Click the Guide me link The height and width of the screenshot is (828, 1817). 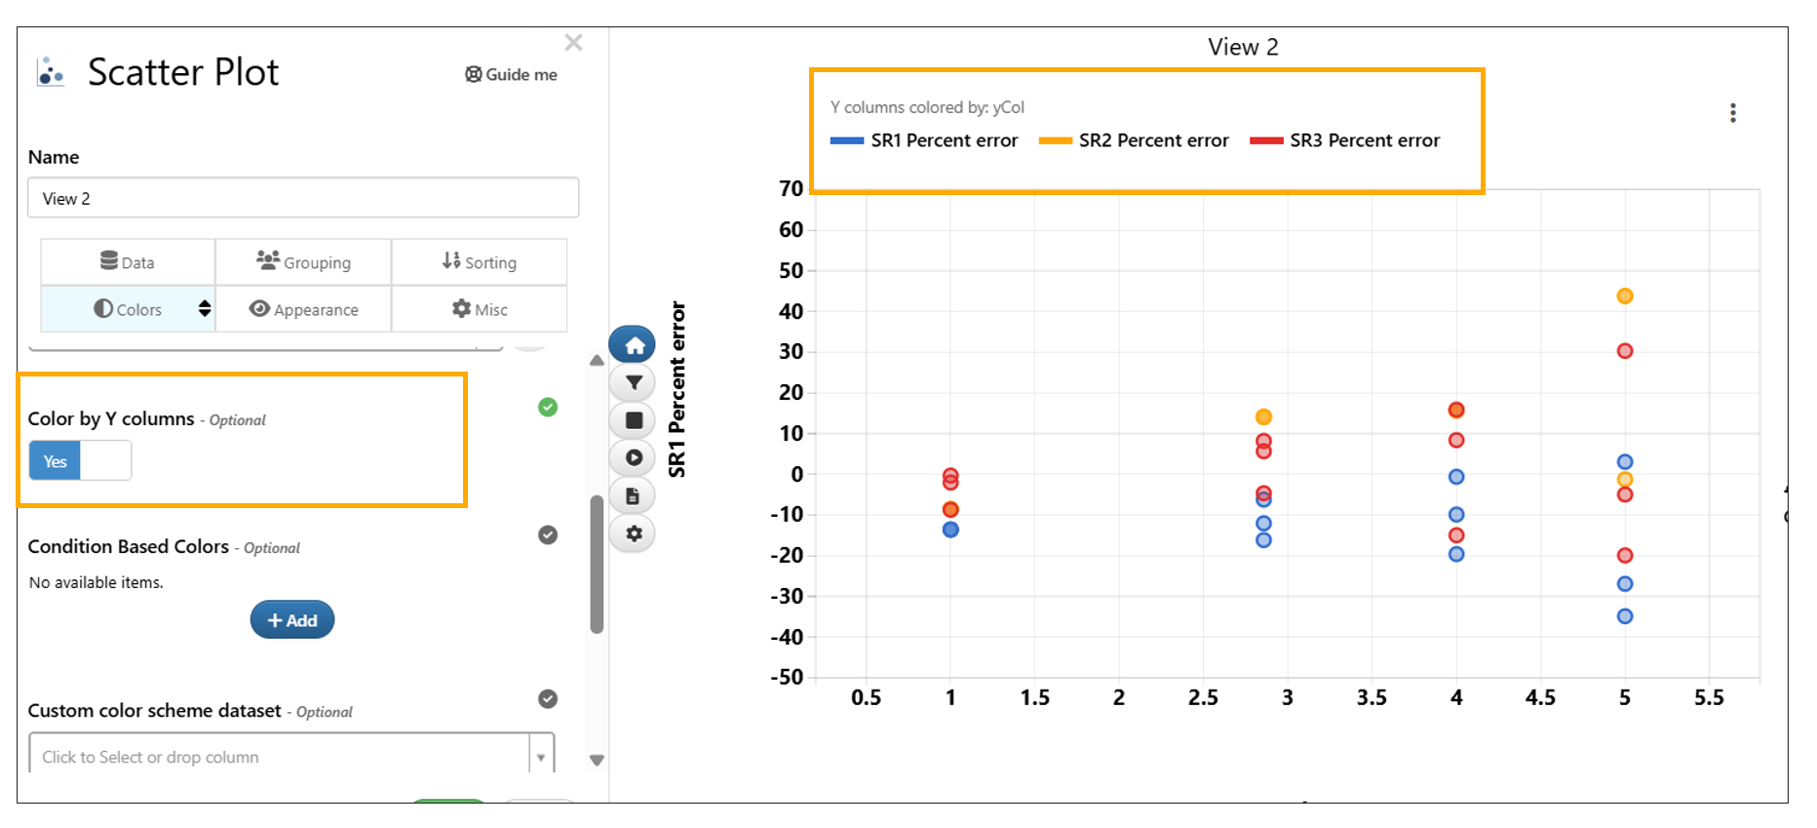[x=511, y=74]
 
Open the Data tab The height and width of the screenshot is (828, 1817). [x=128, y=262]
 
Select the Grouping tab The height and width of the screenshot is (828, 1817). [x=303, y=262]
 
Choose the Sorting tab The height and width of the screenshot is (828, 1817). [x=479, y=262]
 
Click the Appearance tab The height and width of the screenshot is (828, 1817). [x=303, y=309]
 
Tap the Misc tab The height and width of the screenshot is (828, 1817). [x=479, y=309]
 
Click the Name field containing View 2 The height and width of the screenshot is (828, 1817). [x=303, y=198]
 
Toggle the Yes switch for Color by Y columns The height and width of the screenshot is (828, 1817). [x=80, y=460]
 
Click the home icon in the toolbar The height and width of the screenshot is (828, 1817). [x=634, y=345]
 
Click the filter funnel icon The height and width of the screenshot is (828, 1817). [x=634, y=383]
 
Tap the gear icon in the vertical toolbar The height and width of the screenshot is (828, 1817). [x=634, y=533]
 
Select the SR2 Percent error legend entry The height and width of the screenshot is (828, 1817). [x=1134, y=140]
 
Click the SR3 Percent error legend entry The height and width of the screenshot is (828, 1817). [x=1345, y=140]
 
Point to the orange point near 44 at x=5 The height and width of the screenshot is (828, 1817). [x=1625, y=296]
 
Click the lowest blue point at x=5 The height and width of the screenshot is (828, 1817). [x=1625, y=616]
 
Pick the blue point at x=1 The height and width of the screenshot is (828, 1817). [x=950, y=530]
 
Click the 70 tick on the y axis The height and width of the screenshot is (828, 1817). [x=792, y=188]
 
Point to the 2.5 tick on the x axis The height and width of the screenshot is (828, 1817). [x=1203, y=697]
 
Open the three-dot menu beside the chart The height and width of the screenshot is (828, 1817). [x=1732, y=113]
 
